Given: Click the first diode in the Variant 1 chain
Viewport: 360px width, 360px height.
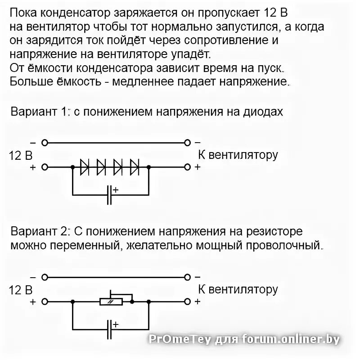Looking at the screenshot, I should point(85,167).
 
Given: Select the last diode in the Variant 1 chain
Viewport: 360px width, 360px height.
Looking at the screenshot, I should point(135,167).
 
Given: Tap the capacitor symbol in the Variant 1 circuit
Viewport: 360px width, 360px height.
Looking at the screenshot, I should point(109,195).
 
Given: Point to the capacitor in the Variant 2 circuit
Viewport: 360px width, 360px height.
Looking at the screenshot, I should point(109,329).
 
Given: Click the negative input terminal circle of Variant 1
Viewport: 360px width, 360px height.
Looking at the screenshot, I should point(44,143).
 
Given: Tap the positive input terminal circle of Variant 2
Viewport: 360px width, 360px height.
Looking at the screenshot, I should point(44,301).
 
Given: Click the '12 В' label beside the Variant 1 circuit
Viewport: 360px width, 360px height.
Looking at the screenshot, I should point(21,156).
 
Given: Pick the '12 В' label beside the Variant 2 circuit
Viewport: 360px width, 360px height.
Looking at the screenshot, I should point(21,290).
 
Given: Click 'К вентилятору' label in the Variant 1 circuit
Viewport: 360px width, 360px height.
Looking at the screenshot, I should point(238,155).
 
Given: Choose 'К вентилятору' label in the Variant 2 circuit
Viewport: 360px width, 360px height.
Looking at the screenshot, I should point(238,289).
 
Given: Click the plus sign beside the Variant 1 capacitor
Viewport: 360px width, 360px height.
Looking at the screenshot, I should point(115,190).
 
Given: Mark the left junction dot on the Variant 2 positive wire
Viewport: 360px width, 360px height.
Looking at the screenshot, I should point(72,301).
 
